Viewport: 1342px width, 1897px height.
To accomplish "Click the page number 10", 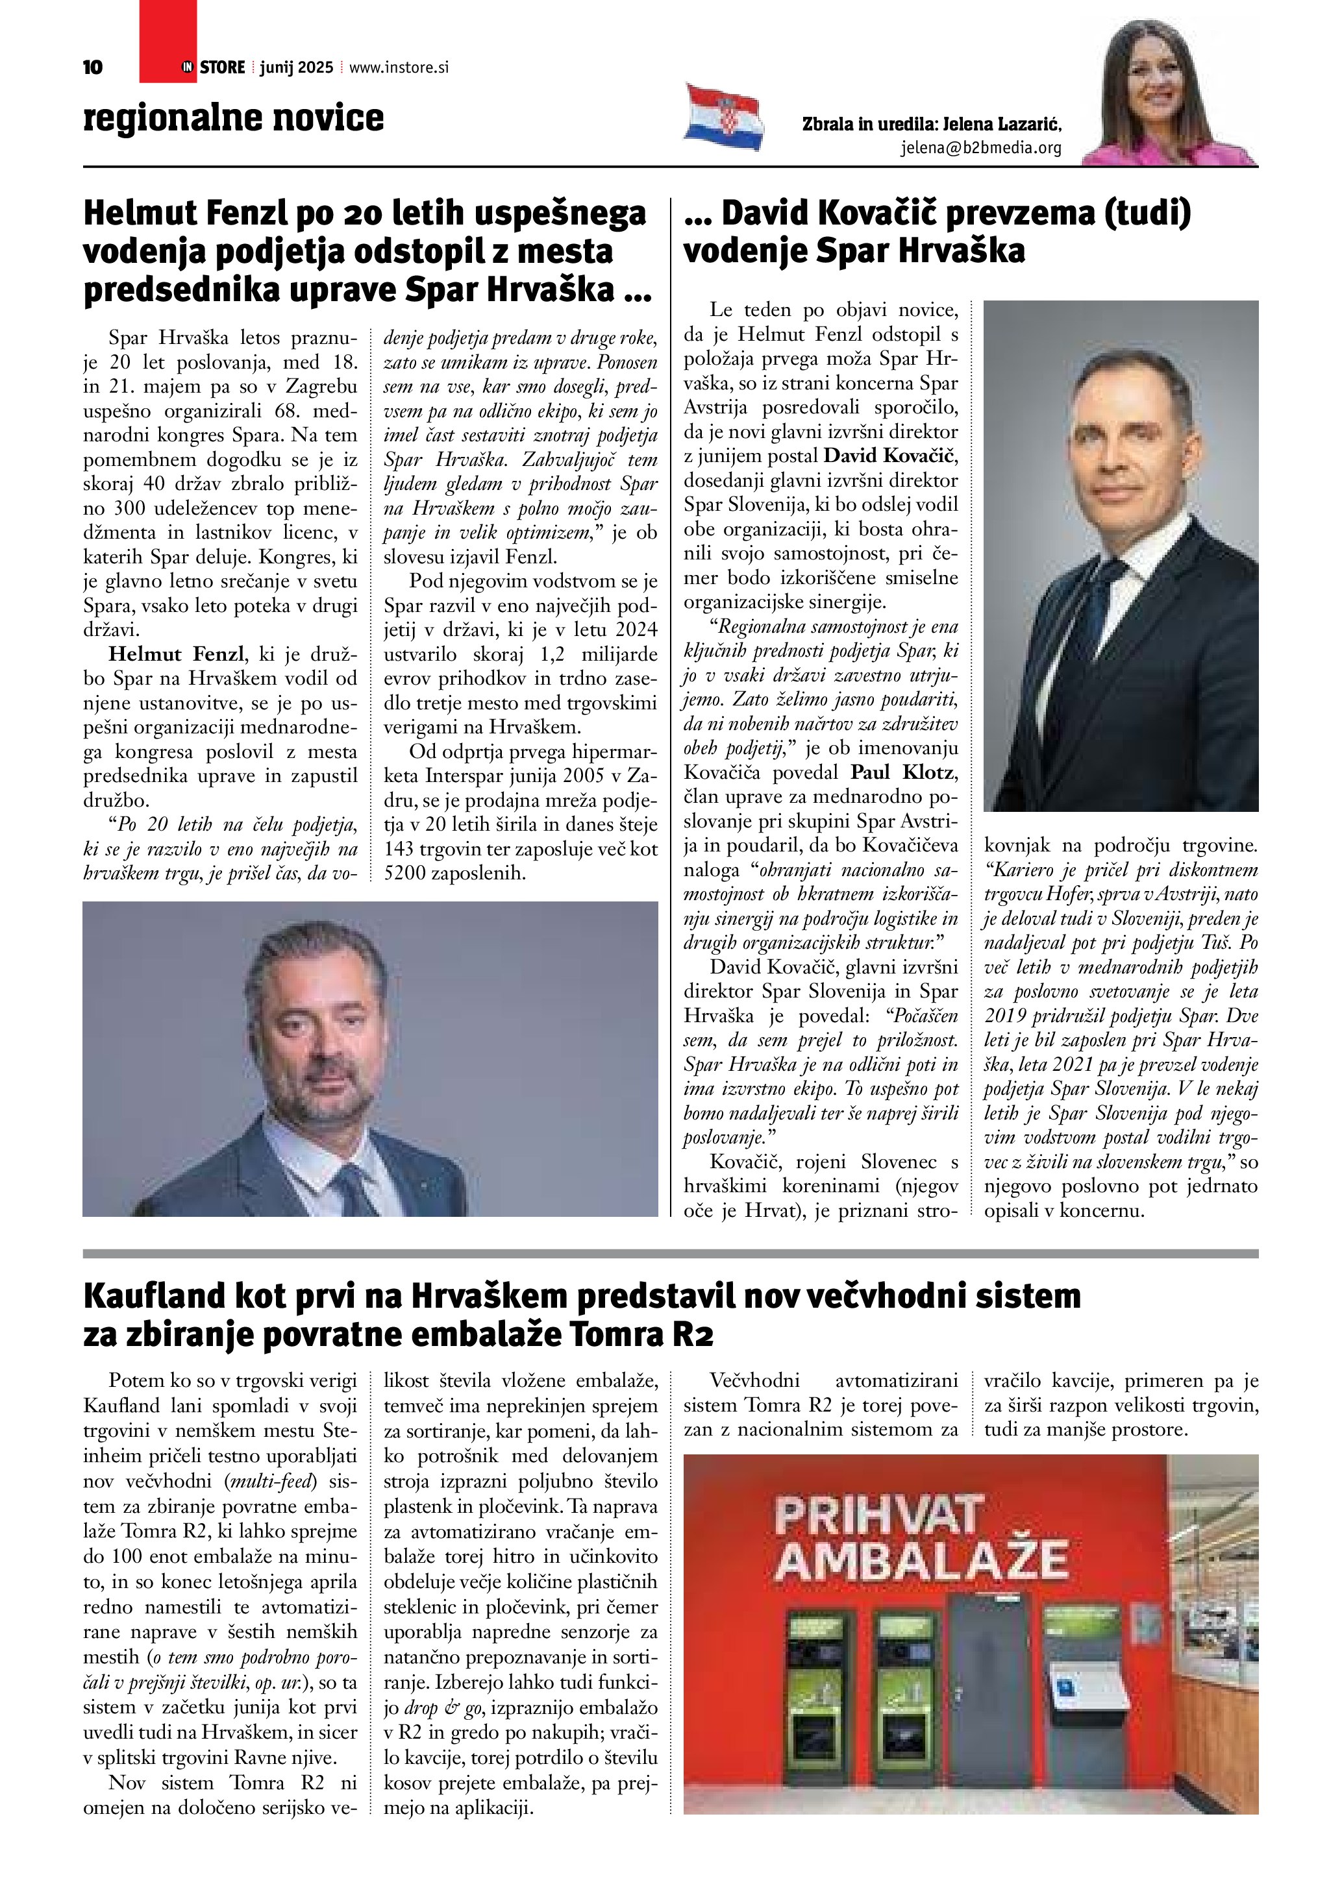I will pos(93,67).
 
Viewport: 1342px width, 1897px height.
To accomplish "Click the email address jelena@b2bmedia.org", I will pos(981,148).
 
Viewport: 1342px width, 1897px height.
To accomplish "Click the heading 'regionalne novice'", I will pos(233,117).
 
